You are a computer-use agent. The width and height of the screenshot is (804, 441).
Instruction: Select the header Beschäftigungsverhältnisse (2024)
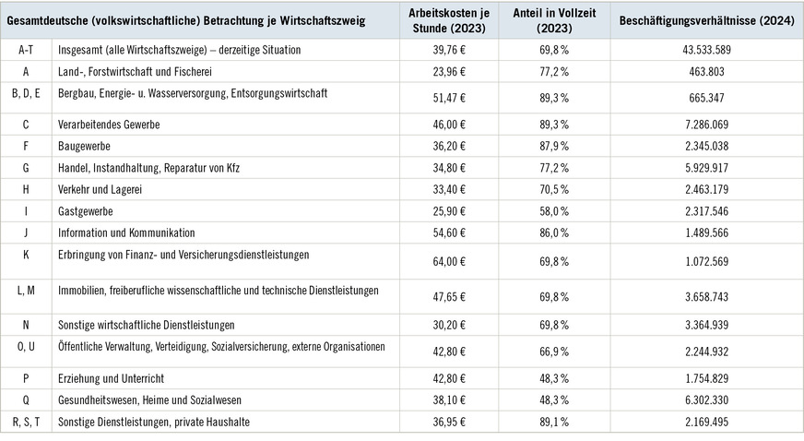pyautogui.click(x=706, y=18)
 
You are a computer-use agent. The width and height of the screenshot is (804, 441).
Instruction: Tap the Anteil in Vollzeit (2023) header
pyautogui.click(x=554, y=18)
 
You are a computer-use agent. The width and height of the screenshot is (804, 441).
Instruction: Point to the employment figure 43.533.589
pyautogui.click(x=706, y=49)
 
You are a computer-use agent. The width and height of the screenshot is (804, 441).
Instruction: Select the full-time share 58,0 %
pyautogui.click(x=554, y=211)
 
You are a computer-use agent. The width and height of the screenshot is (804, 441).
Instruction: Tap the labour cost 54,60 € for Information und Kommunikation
pyautogui.click(x=450, y=232)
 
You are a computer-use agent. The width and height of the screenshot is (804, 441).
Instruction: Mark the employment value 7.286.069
pyautogui.click(x=706, y=124)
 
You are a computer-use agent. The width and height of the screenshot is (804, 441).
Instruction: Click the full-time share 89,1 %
pyautogui.click(x=554, y=422)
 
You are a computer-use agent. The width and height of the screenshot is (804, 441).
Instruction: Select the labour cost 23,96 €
pyautogui.click(x=450, y=71)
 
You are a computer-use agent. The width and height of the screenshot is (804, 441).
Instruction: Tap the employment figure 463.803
pyautogui.click(x=706, y=71)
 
